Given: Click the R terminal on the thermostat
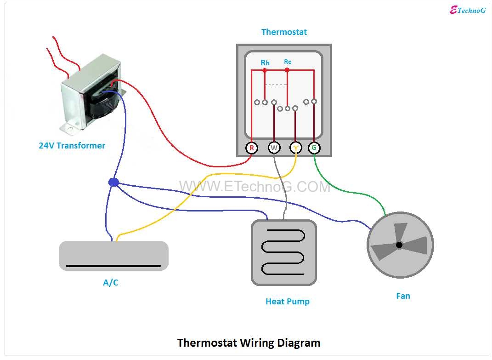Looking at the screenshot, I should [x=251, y=148].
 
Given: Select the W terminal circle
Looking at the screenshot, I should [x=274, y=148].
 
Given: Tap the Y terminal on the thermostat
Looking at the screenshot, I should [x=295, y=148].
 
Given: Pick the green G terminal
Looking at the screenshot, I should [x=314, y=148].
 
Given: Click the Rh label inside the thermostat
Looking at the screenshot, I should [x=265, y=63].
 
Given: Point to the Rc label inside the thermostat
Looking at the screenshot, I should [x=288, y=62].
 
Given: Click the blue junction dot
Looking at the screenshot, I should [x=113, y=183].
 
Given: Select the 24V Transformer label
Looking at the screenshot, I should [x=72, y=146].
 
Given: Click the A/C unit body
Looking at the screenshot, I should [x=113, y=255].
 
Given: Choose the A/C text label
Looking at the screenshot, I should [x=110, y=282].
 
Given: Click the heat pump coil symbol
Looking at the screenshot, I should [x=283, y=252].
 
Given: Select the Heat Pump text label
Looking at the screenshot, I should [x=288, y=302].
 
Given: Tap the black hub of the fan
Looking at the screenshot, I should [x=399, y=245].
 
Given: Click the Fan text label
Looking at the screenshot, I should [x=403, y=296].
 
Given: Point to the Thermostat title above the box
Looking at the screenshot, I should [x=284, y=32].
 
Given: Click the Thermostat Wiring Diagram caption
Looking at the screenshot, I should [x=249, y=343].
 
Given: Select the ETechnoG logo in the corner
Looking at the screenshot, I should [x=467, y=10].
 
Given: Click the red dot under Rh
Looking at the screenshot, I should [x=265, y=70].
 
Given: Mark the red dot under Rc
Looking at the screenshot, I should [x=287, y=70].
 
